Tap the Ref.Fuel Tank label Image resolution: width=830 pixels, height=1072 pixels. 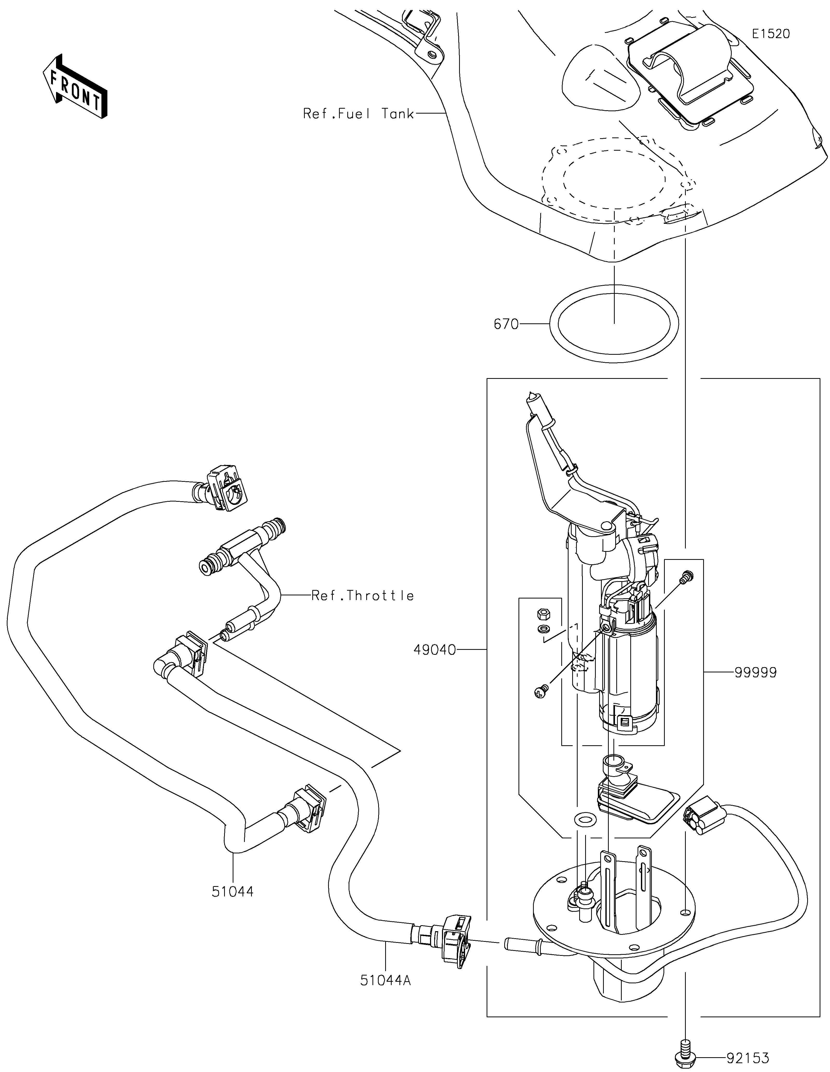tap(358, 114)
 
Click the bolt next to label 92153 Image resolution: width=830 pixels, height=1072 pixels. tap(685, 1051)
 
